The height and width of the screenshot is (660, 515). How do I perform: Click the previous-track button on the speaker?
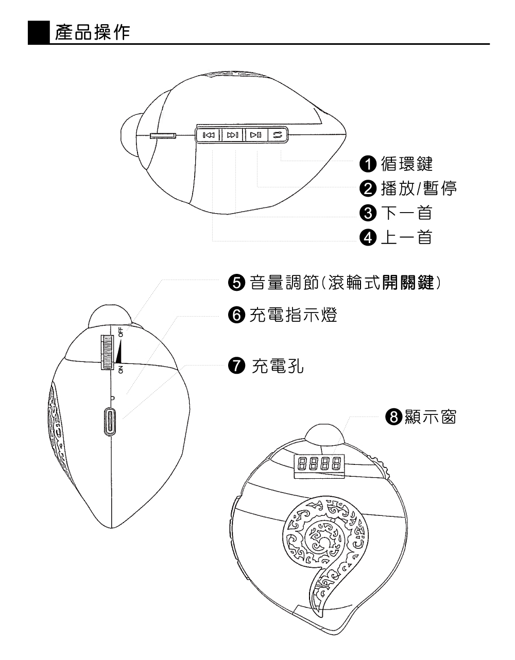[x=209, y=135]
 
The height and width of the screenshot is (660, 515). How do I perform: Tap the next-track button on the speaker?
[x=233, y=135]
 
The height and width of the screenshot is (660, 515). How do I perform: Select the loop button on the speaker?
[x=277, y=135]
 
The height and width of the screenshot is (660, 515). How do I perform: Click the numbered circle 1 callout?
[x=368, y=164]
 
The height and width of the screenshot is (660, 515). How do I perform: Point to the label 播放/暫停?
[x=419, y=188]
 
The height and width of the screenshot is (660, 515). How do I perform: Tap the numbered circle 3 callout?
[x=368, y=213]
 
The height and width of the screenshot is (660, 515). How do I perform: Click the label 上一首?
[x=406, y=237]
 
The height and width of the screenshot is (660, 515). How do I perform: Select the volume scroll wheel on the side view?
[x=107, y=352]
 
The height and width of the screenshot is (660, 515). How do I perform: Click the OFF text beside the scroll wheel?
[x=121, y=332]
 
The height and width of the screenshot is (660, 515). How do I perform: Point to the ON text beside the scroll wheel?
[x=121, y=369]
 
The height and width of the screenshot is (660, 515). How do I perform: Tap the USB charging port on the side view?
[x=110, y=422]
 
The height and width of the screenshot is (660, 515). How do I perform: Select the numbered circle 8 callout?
[x=394, y=416]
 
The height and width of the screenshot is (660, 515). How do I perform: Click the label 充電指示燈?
[x=293, y=315]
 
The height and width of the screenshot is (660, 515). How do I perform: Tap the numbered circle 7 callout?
[x=237, y=366]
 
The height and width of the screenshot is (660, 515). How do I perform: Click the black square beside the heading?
[x=39, y=32]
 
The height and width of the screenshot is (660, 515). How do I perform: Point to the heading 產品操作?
[x=93, y=32]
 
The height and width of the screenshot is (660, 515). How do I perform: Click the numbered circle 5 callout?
[x=237, y=283]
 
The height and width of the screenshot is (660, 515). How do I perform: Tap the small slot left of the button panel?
[x=163, y=135]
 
